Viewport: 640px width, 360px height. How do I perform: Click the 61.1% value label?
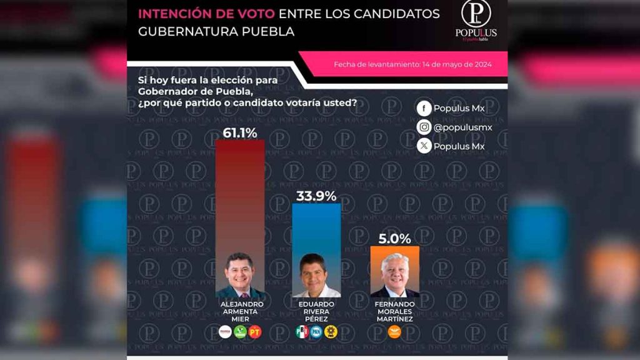pyautogui.click(x=240, y=132)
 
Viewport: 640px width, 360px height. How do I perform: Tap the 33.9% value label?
pyautogui.click(x=316, y=196)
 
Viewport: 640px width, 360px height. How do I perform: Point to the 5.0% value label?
pyautogui.click(x=395, y=238)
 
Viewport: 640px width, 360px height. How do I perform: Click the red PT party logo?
pyautogui.click(x=255, y=332)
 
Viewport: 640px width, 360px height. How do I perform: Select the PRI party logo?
pyautogui.click(x=302, y=332)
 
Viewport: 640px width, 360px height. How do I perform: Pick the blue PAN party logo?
pyautogui.click(x=316, y=332)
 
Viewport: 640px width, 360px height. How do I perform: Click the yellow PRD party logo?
pyautogui.click(x=331, y=332)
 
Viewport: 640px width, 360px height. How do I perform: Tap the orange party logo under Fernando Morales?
pyautogui.click(x=395, y=332)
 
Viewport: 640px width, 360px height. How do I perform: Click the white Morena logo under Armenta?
pyautogui.click(x=225, y=332)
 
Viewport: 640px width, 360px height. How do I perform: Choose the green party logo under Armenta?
pyautogui.click(x=240, y=332)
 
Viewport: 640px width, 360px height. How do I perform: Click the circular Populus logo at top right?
pyautogui.click(x=476, y=14)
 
